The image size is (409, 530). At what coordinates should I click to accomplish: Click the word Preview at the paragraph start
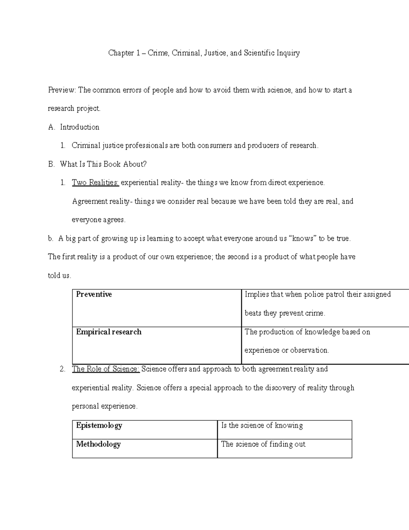[62, 90]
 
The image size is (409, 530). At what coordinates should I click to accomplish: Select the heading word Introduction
[79, 127]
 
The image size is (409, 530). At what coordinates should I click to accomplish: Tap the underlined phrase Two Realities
[95, 183]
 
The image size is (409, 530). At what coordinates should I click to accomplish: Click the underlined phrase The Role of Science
[106, 369]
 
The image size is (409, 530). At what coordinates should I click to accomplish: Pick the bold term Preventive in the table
[94, 294]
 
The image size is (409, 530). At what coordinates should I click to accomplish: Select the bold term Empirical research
[108, 332]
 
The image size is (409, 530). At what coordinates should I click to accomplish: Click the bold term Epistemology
[99, 425]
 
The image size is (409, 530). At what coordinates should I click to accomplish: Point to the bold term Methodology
[98, 444]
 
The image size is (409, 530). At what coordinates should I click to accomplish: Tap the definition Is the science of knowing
[262, 425]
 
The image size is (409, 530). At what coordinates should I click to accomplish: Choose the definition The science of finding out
[263, 444]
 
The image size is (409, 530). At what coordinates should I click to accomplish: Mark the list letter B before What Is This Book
[51, 164]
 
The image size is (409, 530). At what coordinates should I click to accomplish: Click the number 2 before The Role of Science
[62, 369]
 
